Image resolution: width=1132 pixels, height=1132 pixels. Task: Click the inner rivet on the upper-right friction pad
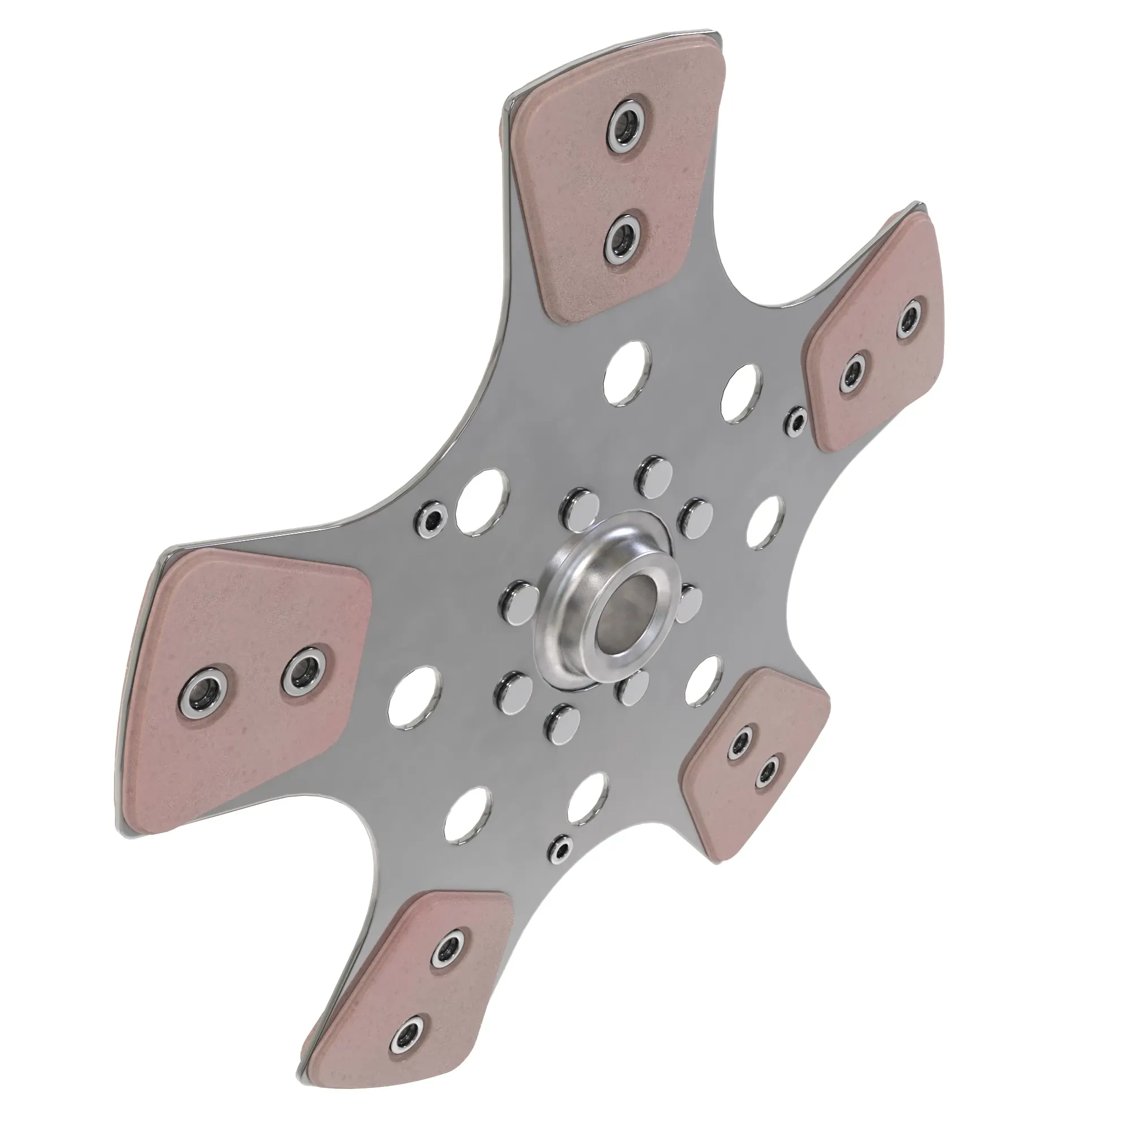pyautogui.click(x=854, y=372)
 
